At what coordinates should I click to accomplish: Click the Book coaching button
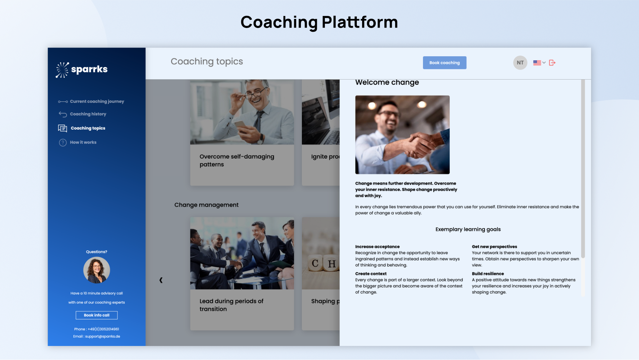444,63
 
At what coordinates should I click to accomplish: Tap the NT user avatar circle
520,63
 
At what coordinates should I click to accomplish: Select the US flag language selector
539,63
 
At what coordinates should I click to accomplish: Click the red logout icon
552,63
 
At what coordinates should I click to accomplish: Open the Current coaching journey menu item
91,102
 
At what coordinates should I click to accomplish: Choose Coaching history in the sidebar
83,114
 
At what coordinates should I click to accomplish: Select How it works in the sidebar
78,143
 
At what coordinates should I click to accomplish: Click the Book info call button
97,315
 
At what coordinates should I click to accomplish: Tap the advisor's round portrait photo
97,270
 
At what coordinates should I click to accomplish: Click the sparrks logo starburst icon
62,70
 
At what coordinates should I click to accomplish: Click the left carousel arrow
161,280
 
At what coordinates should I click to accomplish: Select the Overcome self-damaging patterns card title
237,161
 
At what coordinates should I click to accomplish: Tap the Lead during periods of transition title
231,305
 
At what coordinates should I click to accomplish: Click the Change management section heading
206,205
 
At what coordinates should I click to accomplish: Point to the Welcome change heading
387,82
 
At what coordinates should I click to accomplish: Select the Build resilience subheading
488,274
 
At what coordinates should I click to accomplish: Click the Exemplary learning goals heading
468,229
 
